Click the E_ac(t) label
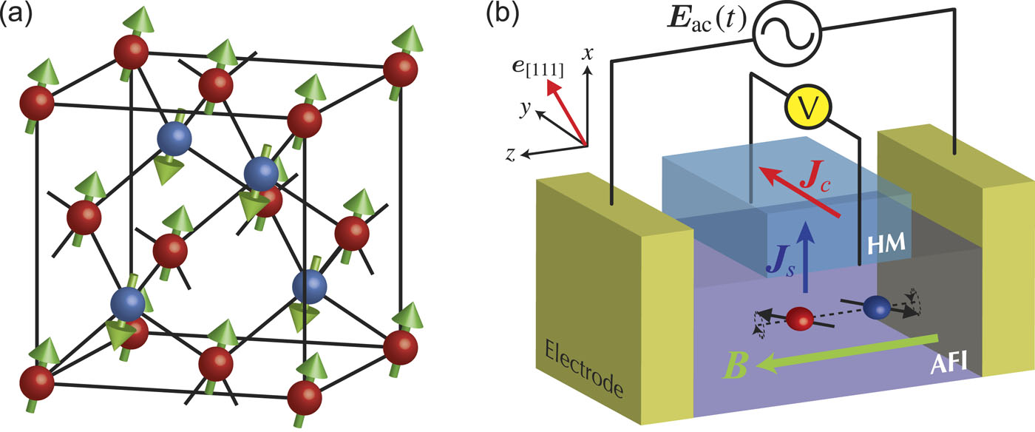pyautogui.click(x=698, y=28)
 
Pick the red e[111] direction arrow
pyautogui.click(x=566, y=111)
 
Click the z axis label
pyautogui.click(x=511, y=154)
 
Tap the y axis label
pyautogui.click(x=526, y=109)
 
